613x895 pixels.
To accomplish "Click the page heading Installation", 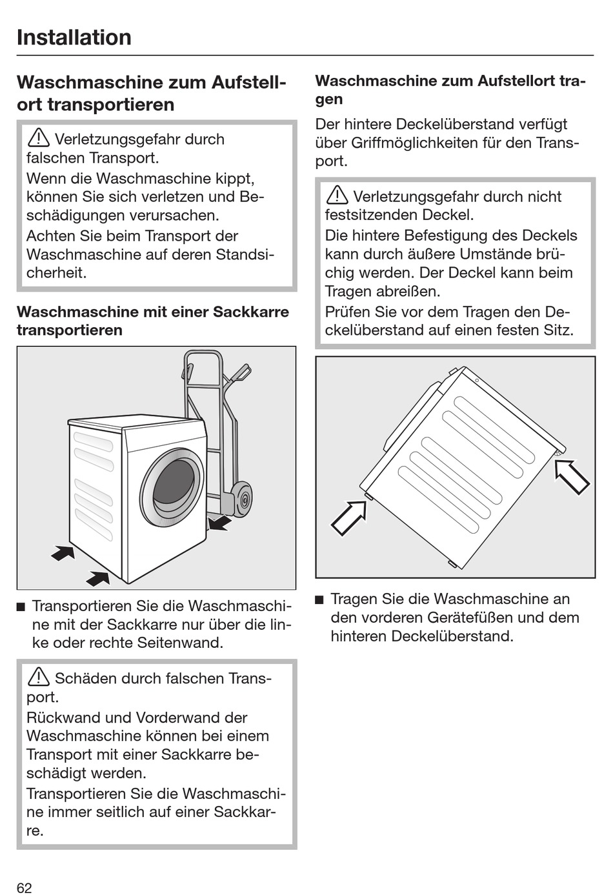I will click(74, 37).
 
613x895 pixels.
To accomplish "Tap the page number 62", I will click(24, 887).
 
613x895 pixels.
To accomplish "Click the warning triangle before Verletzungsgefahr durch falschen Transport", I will click(38, 138).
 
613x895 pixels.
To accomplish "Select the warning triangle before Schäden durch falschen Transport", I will click(38, 677).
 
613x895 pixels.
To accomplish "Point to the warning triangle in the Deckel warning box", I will click(337, 195).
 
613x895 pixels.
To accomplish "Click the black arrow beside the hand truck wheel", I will click(219, 521).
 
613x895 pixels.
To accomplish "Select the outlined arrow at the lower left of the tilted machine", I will click(348, 518).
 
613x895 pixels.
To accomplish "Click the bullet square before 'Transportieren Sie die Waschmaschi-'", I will click(21, 607).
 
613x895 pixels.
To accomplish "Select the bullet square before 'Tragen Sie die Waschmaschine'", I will click(319, 600).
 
